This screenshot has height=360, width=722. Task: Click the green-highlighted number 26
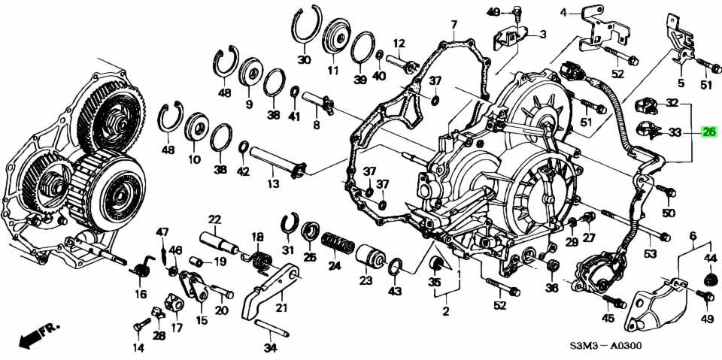708,132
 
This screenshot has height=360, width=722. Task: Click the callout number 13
272,184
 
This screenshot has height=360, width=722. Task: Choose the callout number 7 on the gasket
454,25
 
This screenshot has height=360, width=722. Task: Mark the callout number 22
215,219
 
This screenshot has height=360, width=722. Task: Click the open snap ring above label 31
288,223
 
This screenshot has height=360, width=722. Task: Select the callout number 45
608,318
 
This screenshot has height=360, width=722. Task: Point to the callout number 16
141,294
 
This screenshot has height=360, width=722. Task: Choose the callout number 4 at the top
563,12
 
